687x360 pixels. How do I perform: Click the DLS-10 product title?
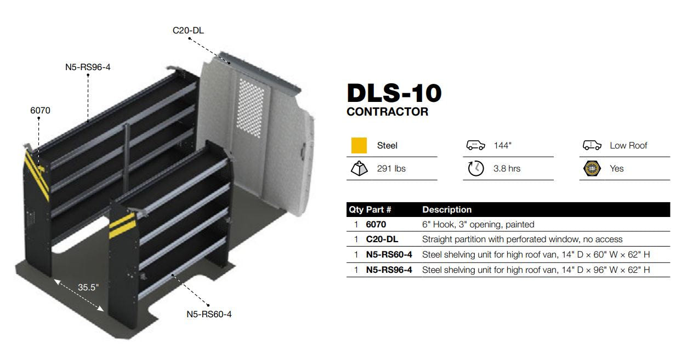coord(394,93)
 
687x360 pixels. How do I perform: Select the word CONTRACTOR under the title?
coord(387,112)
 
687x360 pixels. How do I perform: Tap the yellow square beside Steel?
coord(359,145)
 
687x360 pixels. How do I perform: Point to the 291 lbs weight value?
coord(391,169)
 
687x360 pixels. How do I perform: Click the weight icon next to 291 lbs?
coord(359,169)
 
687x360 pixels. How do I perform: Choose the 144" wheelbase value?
coord(502,145)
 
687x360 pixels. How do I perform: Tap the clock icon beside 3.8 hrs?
coord(476,169)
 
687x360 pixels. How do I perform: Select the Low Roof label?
coord(628,145)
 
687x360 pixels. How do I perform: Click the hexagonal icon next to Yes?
coord(592,169)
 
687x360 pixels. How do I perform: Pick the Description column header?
coord(447,209)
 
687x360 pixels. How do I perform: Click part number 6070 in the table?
coord(376,224)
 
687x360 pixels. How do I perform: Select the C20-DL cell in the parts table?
coord(382,239)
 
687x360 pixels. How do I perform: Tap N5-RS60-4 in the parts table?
coord(389,254)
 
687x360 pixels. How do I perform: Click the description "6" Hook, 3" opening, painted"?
coord(478,224)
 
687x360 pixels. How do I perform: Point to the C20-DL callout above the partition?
coord(188,30)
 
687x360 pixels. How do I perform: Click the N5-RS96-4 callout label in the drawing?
coord(88,67)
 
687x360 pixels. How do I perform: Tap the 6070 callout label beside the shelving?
coord(40,110)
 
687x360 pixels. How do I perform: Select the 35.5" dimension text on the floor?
coord(88,287)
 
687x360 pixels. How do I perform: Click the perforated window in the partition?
coord(250,108)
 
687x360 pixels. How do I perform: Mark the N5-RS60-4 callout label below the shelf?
coord(209,314)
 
